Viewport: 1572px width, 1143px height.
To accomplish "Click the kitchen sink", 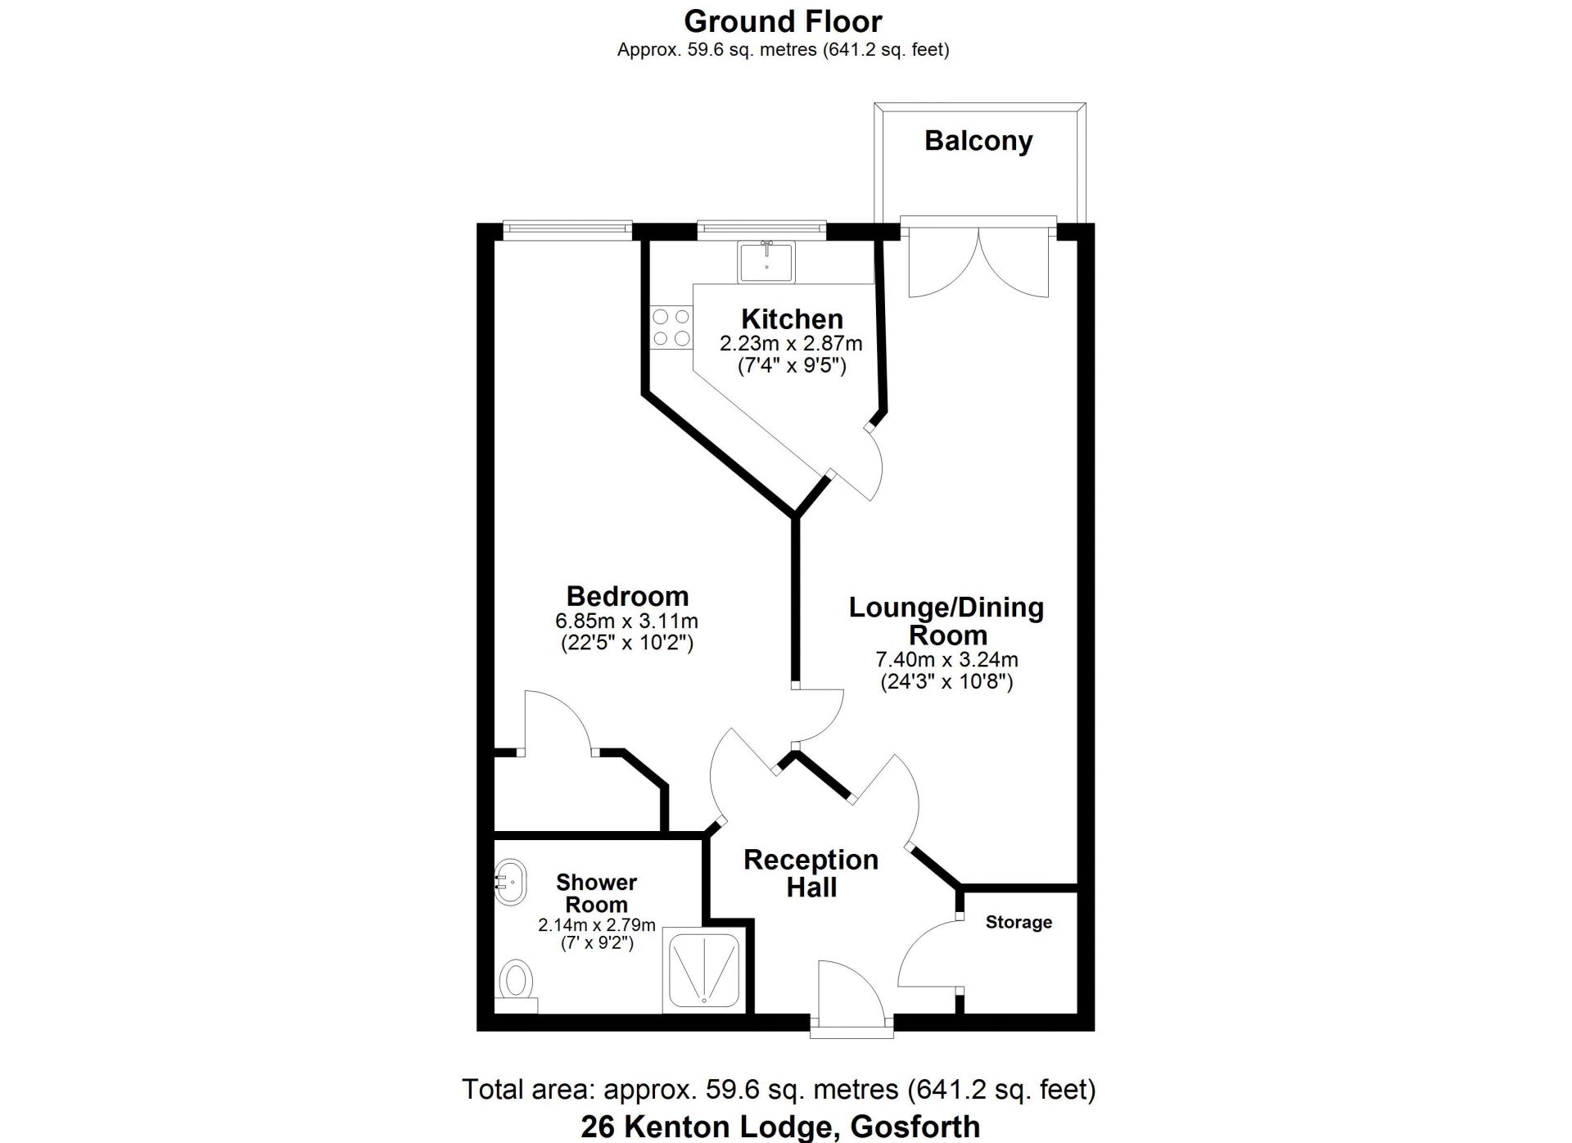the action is tap(766, 261).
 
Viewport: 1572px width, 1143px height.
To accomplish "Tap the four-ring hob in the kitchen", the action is tap(671, 328).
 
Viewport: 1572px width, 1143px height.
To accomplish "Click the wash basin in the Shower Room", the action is tap(510, 882).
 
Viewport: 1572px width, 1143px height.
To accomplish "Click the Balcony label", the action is tap(978, 141).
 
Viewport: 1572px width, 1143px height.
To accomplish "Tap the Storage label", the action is tap(1019, 923).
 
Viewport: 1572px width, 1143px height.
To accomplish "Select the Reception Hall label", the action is tap(811, 873).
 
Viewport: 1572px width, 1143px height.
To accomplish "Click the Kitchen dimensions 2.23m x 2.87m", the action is tap(791, 343).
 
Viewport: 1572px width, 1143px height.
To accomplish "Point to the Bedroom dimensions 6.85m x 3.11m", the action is tap(626, 621).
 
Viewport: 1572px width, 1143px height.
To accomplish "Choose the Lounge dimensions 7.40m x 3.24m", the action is tap(947, 659).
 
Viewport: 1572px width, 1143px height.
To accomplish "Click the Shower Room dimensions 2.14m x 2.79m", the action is tap(597, 925).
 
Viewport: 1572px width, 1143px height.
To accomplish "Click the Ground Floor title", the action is tap(784, 20).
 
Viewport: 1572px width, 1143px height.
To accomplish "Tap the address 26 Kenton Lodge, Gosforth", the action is tap(780, 1127).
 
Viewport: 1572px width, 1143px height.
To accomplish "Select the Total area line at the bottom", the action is tap(779, 1089).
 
